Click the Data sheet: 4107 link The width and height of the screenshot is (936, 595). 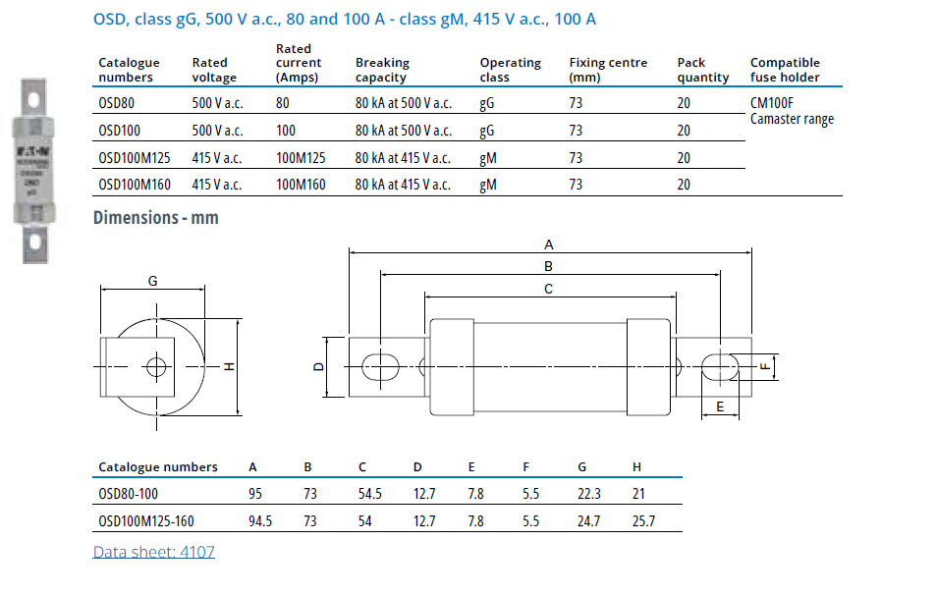[x=153, y=552]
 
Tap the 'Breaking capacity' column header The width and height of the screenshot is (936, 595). [x=382, y=70]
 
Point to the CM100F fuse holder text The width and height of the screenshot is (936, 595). [x=771, y=102]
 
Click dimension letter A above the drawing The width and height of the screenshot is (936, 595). [x=549, y=243]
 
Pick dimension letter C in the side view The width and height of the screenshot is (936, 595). [x=549, y=289]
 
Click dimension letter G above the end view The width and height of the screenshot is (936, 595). [x=152, y=281]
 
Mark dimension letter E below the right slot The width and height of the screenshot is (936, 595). [x=720, y=406]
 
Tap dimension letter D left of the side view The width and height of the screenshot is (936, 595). [x=317, y=367]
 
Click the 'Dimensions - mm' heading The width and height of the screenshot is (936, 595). [x=155, y=218]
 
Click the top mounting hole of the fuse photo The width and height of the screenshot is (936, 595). [x=33, y=100]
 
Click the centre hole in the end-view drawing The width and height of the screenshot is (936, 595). [x=155, y=367]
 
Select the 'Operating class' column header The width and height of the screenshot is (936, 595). [x=510, y=70]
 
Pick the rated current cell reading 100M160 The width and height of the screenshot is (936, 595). [x=301, y=184]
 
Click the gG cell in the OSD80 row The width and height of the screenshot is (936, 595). [x=487, y=103]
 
